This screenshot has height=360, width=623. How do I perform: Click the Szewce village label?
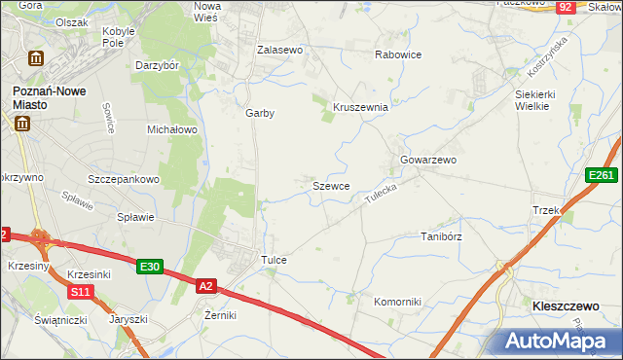tap(331, 185)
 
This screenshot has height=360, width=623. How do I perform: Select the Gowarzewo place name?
tap(428, 160)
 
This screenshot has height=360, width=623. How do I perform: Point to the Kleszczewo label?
tap(566, 306)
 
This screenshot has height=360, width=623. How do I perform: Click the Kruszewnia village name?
tap(361, 108)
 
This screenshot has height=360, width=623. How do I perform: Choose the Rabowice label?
tap(398, 54)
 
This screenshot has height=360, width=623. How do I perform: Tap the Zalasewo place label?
tap(280, 49)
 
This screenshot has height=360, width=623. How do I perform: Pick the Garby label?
tap(260, 113)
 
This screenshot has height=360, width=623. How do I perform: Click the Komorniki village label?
tap(398, 302)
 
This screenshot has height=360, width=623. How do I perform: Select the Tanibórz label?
tap(440, 236)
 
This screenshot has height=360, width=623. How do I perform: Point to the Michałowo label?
tap(172, 128)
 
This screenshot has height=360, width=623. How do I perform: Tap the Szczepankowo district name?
tap(124, 180)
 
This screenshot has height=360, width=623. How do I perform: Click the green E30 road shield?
tap(149, 267)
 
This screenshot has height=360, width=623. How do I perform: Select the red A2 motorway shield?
tap(205, 286)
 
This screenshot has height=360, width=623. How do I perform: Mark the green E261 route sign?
tap(601, 175)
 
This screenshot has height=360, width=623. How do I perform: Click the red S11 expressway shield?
tap(80, 292)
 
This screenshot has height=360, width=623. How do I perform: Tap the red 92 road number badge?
tap(566, 7)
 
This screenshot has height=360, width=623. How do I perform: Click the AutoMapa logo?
tap(559, 341)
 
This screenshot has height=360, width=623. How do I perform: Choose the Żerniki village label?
tap(221, 315)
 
